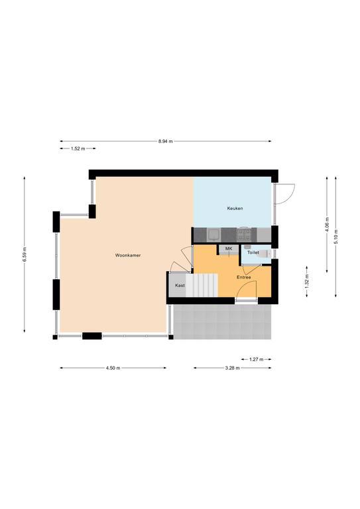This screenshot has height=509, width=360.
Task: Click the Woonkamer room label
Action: click(128, 255)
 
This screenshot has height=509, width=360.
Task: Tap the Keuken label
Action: click(235, 208)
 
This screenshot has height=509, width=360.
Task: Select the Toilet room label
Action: click(253, 253)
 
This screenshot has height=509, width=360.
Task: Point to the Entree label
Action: click(244, 277)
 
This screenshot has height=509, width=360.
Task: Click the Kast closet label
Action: click(180, 286)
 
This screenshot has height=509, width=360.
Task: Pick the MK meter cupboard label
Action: click(229, 249)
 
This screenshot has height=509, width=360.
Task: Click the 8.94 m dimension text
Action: click(166, 141)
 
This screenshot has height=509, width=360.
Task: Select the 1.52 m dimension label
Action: click(78, 148)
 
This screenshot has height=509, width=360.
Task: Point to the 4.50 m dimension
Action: click(113, 368)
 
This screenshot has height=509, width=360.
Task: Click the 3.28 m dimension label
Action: click(233, 368)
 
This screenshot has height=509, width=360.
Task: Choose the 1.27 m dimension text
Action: click(257, 359)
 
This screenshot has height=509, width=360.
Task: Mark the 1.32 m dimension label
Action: click(307, 282)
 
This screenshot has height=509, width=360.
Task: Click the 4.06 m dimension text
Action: click(328, 225)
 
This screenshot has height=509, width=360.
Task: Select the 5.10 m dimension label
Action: click(336, 237)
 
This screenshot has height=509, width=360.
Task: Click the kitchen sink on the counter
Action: click(213, 235)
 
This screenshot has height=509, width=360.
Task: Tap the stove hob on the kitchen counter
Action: click(244, 235)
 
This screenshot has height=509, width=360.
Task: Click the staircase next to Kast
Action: click(202, 285)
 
